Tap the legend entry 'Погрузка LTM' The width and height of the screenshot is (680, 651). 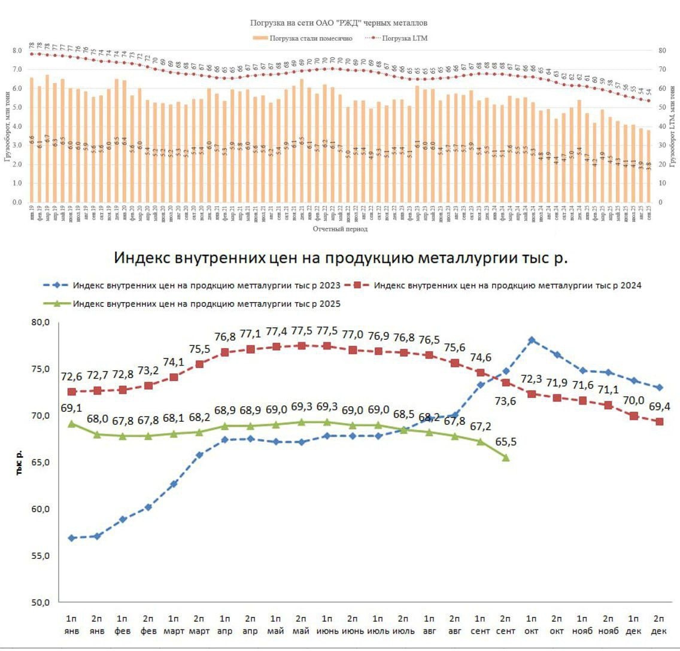[407, 38]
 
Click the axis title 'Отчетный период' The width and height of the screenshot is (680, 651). [339, 229]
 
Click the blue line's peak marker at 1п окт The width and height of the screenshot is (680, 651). [531, 340]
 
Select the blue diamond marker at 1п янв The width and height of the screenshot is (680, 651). [72, 538]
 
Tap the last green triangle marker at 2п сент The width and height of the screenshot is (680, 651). [506, 458]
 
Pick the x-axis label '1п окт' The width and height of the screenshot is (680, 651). [531, 624]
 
